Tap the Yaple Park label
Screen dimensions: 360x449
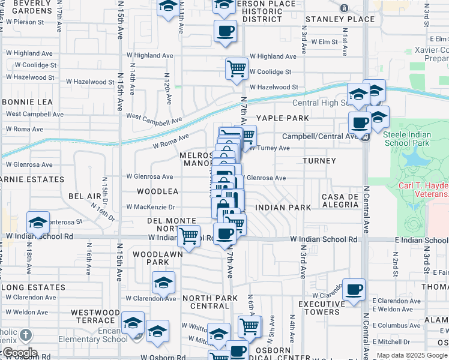[x=283, y=118]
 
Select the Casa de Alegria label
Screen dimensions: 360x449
[x=340, y=201]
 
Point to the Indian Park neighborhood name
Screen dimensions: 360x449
[x=283, y=208]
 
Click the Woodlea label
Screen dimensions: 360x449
[x=158, y=191]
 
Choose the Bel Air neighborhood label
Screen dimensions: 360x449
[x=85, y=196]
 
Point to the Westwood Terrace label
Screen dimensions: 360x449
[x=95, y=316]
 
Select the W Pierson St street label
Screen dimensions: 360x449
[x=25, y=22]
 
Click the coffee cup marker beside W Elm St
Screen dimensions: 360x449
[x=225, y=31]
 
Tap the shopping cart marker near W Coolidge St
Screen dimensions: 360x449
[x=237, y=68]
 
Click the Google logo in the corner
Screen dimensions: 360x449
[x=20, y=353]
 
